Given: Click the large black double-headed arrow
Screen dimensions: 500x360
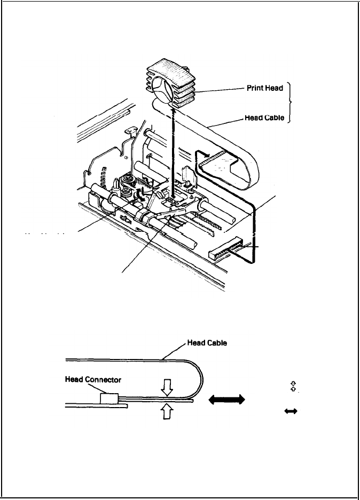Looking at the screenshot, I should point(228,399).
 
